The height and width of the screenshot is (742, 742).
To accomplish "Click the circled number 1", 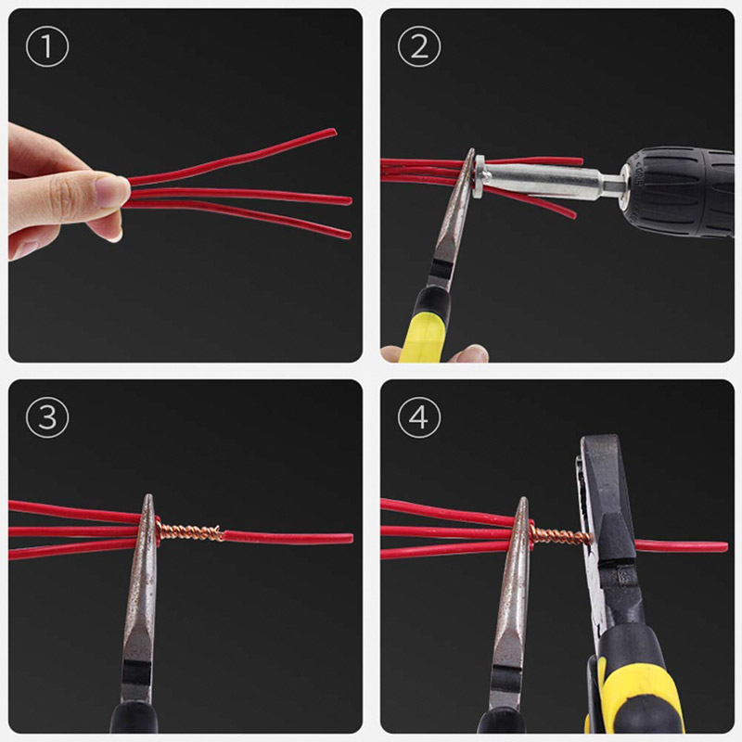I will click(46, 48).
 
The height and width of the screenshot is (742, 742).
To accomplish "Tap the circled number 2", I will click(418, 48).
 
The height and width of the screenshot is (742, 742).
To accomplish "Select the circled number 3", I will click(46, 418).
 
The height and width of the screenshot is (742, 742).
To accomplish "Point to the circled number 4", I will click(418, 418).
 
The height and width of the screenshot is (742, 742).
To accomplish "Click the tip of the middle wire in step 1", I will click(349, 200).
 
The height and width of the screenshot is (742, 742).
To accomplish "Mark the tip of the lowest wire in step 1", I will click(349, 234).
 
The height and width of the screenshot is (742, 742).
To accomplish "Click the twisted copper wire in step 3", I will click(190, 531).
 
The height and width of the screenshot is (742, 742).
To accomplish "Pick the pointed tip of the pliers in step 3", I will click(147, 501).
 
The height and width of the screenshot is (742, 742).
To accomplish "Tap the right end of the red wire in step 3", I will click(350, 538).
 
